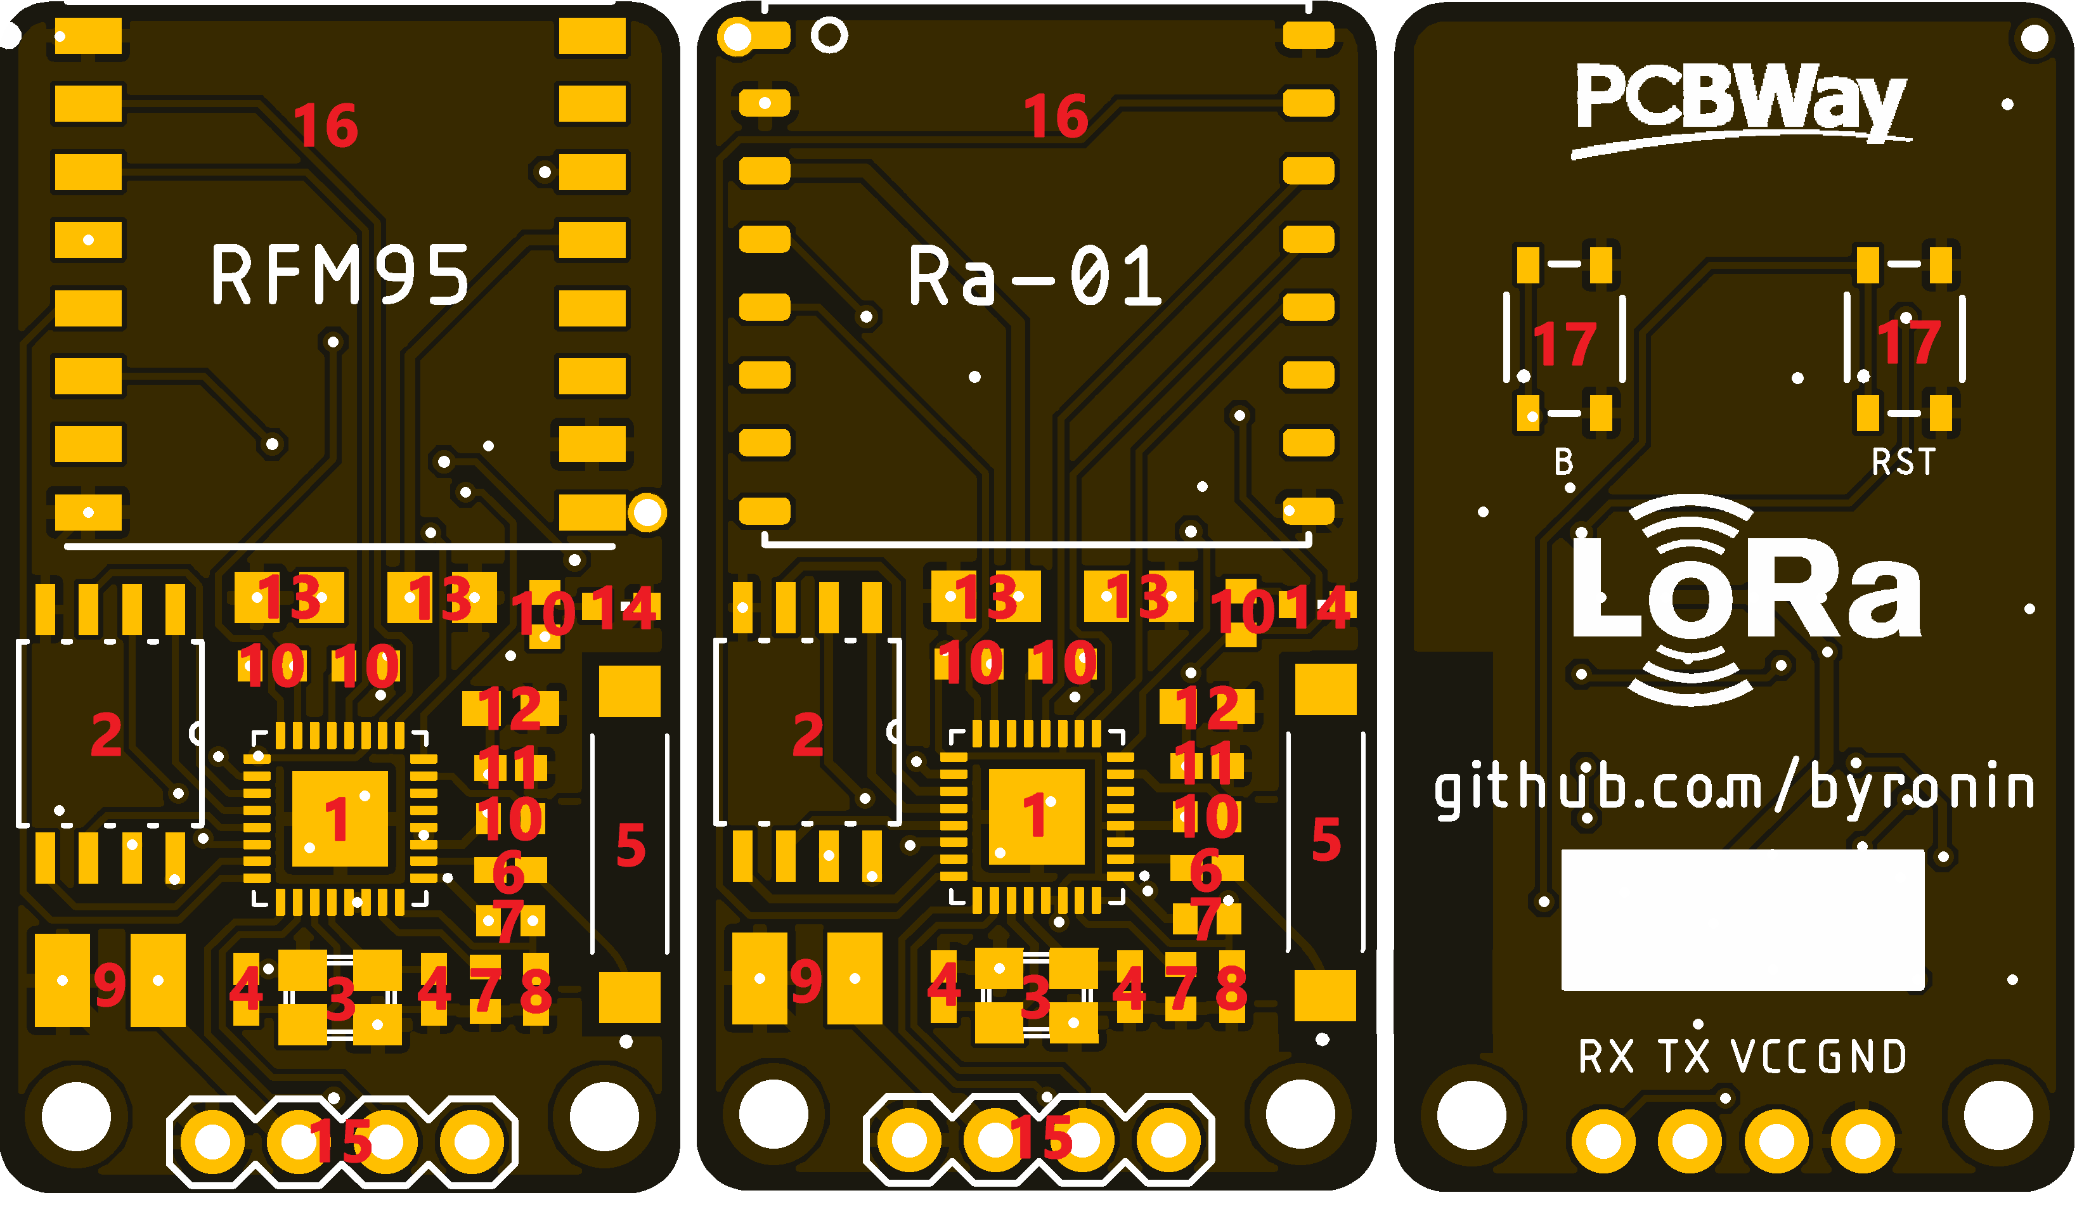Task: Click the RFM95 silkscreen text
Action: [x=340, y=275]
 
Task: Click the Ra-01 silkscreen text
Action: [x=1035, y=275]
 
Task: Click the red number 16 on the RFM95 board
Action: [x=326, y=126]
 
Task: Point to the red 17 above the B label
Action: [x=1564, y=344]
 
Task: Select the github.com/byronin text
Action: [x=1734, y=789]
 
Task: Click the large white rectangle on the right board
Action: [x=1742, y=919]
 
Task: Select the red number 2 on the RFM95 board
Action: [x=107, y=734]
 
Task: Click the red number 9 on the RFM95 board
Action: [x=110, y=984]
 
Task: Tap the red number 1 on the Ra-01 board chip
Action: [x=1035, y=816]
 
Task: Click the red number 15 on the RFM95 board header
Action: [x=340, y=1140]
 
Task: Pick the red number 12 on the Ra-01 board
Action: [x=1206, y=707]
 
